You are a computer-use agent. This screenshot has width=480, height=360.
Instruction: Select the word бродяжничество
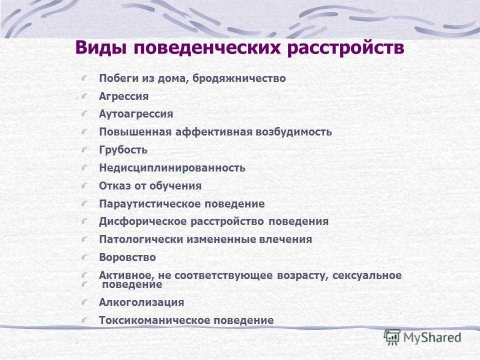[239, 78]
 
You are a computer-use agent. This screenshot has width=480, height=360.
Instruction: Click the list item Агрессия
[123, 96]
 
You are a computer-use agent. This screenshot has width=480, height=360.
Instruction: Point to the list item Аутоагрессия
[136, 114]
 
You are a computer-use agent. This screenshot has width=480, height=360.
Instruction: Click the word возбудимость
[293, 131]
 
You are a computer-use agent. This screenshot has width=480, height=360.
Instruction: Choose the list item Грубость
[123, 149]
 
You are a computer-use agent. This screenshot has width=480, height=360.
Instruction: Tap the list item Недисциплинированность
[172, 168]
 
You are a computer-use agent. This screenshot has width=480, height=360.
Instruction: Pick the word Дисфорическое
[143, 221]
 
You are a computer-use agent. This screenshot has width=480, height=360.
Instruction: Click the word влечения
[285, 239]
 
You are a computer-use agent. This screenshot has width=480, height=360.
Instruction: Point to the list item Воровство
[127, 257]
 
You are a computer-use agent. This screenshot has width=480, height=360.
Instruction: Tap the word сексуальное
[366, 275]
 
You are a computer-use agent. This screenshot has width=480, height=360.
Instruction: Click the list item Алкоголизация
[141, 302]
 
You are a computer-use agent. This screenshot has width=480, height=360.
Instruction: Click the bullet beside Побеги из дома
[84, 78]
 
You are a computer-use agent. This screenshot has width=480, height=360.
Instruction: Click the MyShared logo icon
[392, 337]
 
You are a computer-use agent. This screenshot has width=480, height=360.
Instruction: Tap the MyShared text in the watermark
[432, 337]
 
